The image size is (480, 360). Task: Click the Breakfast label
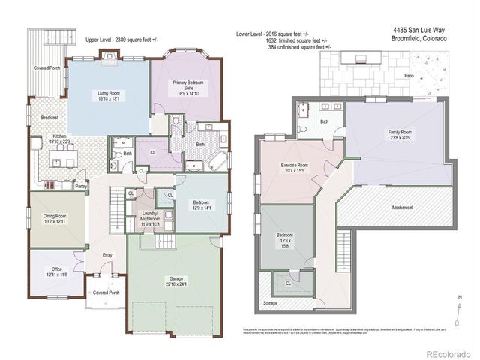pyautogui.click(x=50, y=118)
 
